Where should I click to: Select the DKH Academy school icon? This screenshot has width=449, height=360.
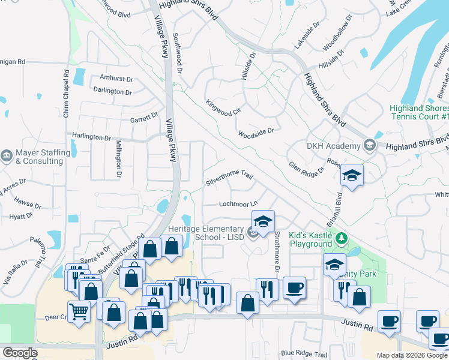pos(370,145)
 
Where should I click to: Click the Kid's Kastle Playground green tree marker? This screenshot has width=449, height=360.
pos(342,239)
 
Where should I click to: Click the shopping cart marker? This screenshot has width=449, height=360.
pos(79,313)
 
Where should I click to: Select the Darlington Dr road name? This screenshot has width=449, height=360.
pos(112,92)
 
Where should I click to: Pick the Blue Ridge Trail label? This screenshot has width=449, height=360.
pos(304,353)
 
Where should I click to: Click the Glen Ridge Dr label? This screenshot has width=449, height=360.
pos(306,169)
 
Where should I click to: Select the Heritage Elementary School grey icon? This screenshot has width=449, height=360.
pos(253,233)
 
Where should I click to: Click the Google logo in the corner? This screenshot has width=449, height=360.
pos(19,353)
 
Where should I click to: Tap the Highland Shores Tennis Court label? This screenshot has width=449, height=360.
pos(419,112)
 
